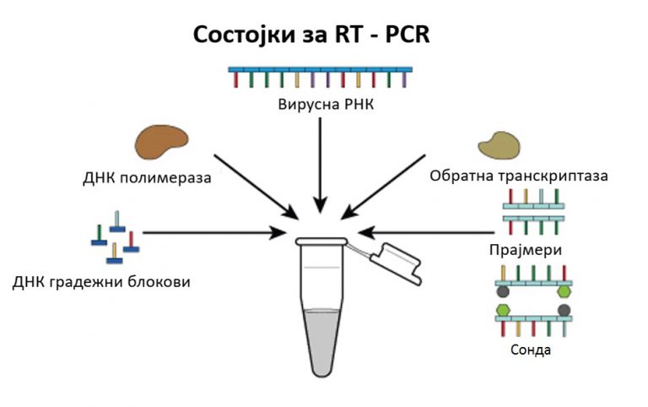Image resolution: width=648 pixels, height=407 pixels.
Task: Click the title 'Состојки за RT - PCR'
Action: [x=311, y=35]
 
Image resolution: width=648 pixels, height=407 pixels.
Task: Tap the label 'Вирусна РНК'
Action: [x=326, y=104]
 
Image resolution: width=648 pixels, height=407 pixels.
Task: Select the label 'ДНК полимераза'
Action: [x=147, y=178]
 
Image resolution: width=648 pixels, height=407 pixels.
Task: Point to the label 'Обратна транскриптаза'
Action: [x=519, y=176]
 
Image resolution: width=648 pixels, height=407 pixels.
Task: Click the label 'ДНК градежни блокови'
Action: [x=101, y=282]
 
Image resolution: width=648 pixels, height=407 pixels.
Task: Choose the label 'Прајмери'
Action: [x=526, y=250]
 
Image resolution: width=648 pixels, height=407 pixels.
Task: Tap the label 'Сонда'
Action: [x=531, y=350]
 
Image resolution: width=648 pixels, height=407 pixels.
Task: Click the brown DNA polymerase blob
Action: [x=161, y=142]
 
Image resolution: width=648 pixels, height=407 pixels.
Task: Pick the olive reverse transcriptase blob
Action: [x=499, y=145]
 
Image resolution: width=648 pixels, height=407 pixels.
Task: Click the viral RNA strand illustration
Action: [x=321, y=77]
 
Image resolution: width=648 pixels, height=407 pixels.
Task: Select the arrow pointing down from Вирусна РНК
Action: [x=320, y=165]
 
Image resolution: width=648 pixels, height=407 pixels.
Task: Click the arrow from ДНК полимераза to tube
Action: [x=256, y=187]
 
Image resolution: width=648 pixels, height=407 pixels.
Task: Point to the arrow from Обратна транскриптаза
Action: [x=385, y=187]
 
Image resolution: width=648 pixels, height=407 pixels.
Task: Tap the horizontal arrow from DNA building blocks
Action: [x=214, y=232]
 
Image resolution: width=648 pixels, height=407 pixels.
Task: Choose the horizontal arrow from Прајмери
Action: [x=426, y=232]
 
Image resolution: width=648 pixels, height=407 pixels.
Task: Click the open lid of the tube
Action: [x=396, y=263]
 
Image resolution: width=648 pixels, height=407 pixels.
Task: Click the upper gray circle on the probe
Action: [x=503, y=291]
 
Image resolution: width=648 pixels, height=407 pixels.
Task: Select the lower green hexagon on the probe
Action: [x=503, y=310]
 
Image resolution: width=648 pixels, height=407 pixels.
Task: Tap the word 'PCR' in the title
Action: [x=408, y=35]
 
